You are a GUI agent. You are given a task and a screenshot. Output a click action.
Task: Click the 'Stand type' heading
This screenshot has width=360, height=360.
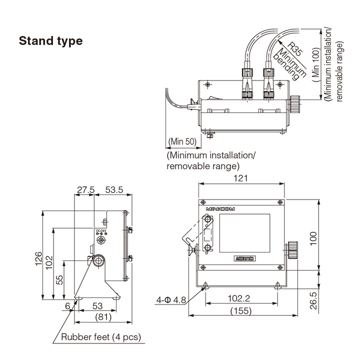coord(50,41)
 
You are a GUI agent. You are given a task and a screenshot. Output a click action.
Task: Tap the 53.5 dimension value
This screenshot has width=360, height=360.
coord(114,190)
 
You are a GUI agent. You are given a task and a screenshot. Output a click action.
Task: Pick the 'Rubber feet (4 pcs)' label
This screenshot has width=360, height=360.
coord(101,337)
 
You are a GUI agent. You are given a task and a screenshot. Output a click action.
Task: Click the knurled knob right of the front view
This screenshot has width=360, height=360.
coord(292,248)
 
